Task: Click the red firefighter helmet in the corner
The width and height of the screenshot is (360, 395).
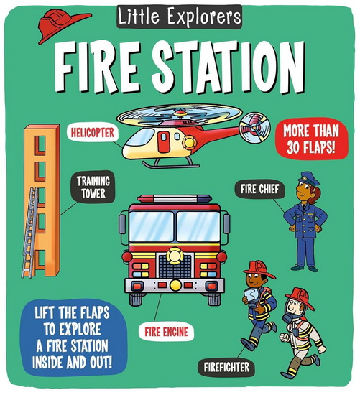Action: (x=61, y=26)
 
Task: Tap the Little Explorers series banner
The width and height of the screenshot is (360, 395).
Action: (x=180, y=15)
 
